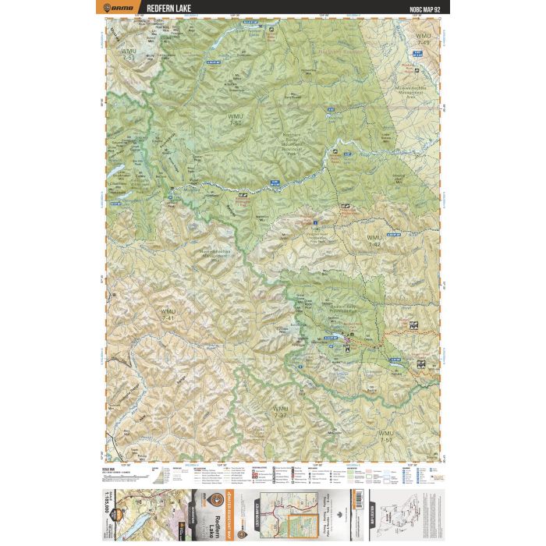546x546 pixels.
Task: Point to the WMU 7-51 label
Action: click(128, 54)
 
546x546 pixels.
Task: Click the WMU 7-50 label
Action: click(236, 119)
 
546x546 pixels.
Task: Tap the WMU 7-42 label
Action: click(374, 240)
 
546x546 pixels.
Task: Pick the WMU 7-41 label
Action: click(168, 316)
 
